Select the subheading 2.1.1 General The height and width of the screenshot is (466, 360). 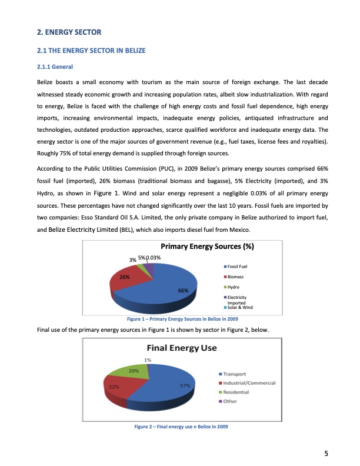[55, 66]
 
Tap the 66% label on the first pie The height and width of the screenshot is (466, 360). [183, 291]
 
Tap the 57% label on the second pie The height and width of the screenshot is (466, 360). [184, 386]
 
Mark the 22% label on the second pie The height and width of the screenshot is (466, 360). [114, 387]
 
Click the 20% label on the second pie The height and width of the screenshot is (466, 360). [134, 371]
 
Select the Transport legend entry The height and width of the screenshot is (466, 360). [232, 374]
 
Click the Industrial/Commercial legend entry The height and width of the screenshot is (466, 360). [247, 383]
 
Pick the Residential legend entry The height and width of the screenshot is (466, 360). [235, 392]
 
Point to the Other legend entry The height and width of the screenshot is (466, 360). [229, 401]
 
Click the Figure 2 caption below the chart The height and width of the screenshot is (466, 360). [181, 426]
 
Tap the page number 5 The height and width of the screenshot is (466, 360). [325, 452]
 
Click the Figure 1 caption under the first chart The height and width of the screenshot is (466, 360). [181, 319]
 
